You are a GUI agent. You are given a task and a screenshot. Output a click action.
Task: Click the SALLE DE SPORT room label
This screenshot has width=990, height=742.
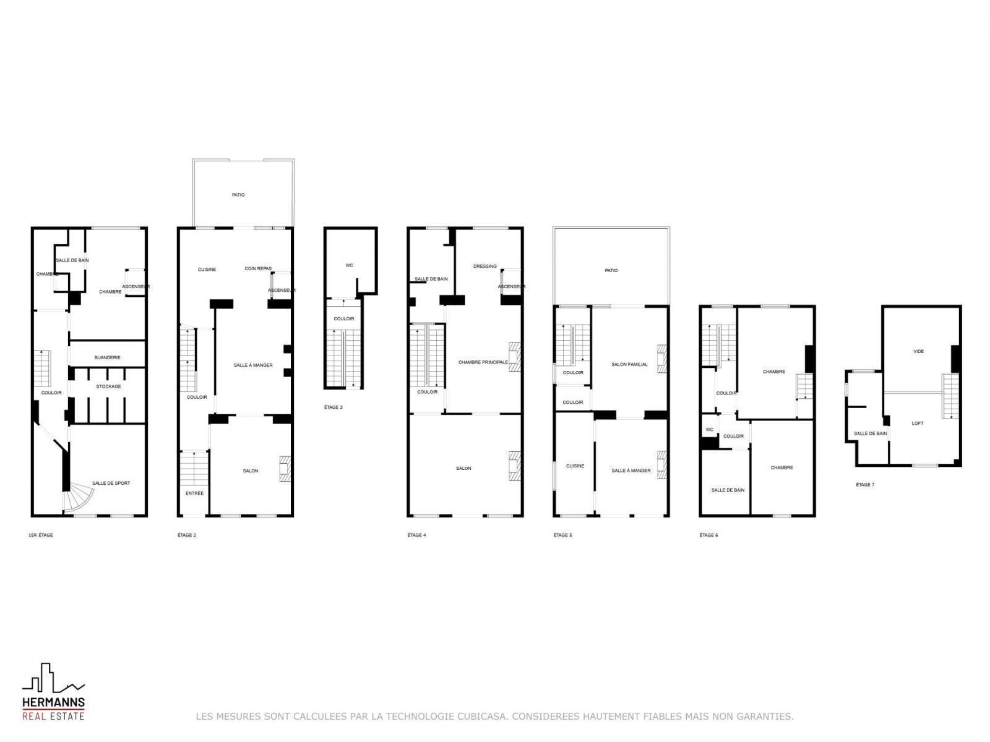click(x=111, y=484)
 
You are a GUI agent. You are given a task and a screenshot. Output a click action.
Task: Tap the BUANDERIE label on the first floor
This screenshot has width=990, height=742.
click(x=107, y=358)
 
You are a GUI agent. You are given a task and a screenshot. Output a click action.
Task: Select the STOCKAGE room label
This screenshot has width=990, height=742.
click(x=108, y=386)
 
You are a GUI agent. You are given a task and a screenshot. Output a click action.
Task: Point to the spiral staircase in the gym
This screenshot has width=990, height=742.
click(x=77, y=497)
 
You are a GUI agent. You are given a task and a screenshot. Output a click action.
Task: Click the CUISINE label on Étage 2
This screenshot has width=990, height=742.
click(x=207, y=270)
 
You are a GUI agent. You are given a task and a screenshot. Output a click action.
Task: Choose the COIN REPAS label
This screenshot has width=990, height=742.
click(x=258, y=268)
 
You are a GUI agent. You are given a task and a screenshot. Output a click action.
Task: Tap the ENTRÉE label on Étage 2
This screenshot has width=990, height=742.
click(x=194, y=493)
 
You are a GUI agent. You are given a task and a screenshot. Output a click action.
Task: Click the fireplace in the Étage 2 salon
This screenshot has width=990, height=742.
click(x=285, y=469)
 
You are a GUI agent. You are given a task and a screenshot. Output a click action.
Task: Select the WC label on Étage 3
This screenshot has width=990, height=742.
click(x=350, y=265)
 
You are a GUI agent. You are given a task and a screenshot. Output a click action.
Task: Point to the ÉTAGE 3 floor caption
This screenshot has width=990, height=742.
click(x=334, y=407)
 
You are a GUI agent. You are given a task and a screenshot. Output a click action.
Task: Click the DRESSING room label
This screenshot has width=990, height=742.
click(x=485, y=267)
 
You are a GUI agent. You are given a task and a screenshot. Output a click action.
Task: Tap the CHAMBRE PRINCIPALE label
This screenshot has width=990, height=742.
click(x=483, y=362)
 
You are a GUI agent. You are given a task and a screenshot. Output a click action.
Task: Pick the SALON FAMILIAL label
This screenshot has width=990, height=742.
click(x=629, y=364)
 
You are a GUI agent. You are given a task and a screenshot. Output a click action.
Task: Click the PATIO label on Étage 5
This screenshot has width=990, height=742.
click(x=611, y=270)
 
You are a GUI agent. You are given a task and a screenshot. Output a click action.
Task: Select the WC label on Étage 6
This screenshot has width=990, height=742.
click(x=710, y=430)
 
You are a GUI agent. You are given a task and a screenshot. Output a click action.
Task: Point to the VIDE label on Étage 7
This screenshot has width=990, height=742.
click(x=918, y=351)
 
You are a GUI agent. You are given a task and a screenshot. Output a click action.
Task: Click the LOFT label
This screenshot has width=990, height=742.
click(x=918, y=424)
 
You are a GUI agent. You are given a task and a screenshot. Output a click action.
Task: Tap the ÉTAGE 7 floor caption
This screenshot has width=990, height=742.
click(x=865, y=485)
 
